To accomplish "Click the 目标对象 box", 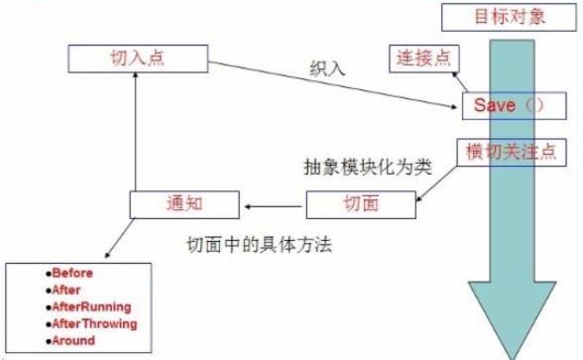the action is click(x=509, y=17).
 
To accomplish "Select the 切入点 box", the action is click(x=138, y=59).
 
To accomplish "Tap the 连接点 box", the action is click(x=424, y=59).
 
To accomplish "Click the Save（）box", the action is click(x=515, y=106).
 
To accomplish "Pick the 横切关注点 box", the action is click(x=512, y=153).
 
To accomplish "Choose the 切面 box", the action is click(x=361, y=204).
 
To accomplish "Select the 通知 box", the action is click(x=184, y=204).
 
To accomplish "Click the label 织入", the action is click(x=327, y=68).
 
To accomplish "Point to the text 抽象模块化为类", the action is click(x=368, y=167).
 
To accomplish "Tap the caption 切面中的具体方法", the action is click(x=259, y=245).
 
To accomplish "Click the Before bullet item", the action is click(x=69, y=273).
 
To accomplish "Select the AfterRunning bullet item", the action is click(x=88, y=307).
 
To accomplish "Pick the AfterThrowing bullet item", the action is click(x=91, y=324).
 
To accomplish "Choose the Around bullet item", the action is click(x=70, y=341).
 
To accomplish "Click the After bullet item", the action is click(x=63, y=290).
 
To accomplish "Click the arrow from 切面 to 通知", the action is click(x=274, y=206).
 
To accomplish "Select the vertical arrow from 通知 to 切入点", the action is click(x=135, y=132).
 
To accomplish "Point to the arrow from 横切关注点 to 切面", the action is click(x=436, y=183).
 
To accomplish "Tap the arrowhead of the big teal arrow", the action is click(x=512, y=319).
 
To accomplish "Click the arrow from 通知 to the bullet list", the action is click(x=120, y=238).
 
